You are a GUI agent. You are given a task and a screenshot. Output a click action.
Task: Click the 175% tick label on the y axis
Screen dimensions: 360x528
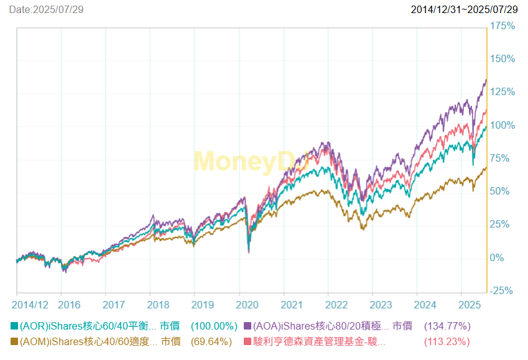point(503,26)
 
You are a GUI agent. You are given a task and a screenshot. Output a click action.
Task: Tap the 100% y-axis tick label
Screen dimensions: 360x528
point(503,126)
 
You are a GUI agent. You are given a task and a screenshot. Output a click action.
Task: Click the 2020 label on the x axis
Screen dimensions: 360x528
point(248,305)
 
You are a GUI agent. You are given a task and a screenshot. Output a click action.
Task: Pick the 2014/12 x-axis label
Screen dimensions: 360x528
point(30,305)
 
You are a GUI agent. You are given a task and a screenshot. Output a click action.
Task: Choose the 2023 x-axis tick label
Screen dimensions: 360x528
point(381,305)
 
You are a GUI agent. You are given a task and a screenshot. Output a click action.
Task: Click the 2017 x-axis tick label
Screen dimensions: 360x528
point(114,305)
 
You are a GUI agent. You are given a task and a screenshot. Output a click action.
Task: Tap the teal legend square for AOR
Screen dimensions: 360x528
point(14,326)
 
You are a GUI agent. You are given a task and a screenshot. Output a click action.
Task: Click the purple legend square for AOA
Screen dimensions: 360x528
point(248,326)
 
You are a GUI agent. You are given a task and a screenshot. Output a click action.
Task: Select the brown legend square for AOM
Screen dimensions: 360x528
point(14,341)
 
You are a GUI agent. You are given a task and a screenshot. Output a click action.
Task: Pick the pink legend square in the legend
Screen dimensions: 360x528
point(248,341)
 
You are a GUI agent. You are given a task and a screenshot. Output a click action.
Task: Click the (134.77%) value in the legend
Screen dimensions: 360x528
point(447,326)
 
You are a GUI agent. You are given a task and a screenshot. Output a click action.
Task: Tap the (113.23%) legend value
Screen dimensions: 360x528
point(447,341)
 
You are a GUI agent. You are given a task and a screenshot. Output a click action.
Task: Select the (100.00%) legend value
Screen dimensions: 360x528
point(214,326)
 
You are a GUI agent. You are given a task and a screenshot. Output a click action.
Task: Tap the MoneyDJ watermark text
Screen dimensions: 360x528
point(249,162)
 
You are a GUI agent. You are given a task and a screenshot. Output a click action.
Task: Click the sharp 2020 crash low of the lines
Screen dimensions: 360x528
point(249,251)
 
